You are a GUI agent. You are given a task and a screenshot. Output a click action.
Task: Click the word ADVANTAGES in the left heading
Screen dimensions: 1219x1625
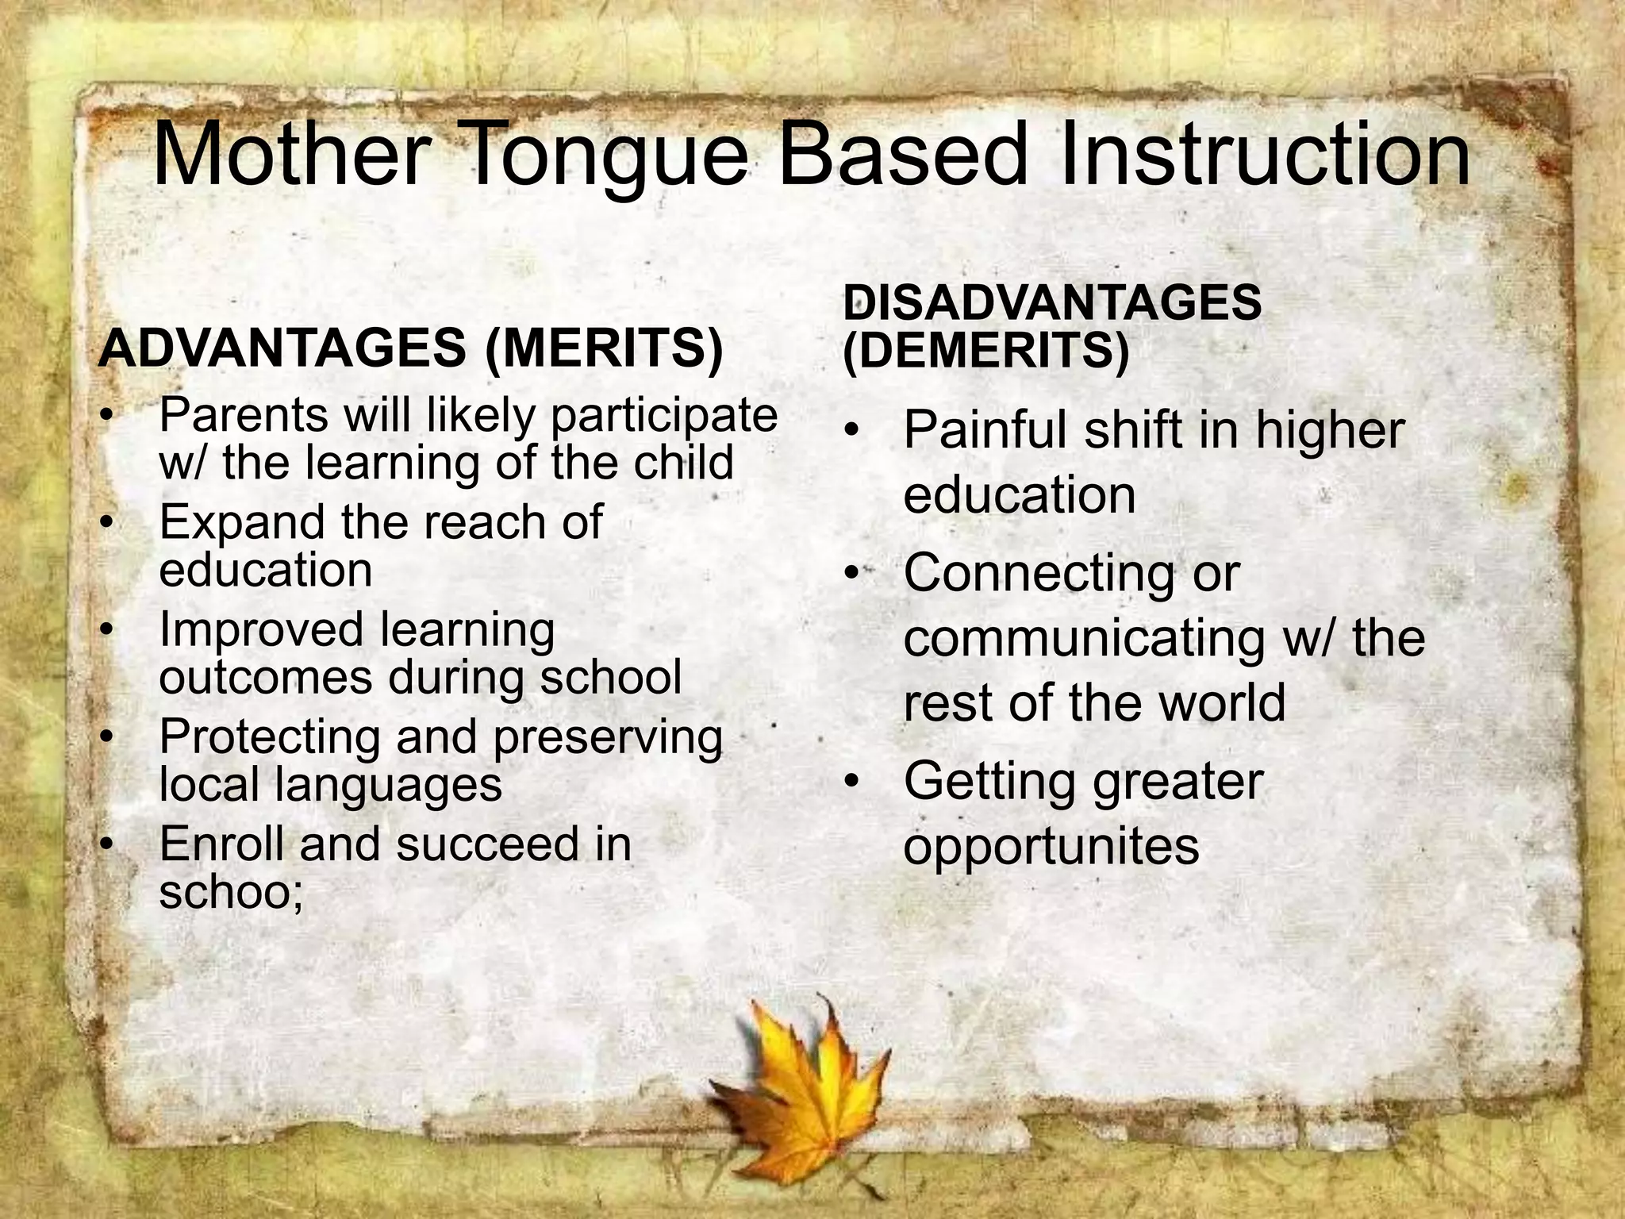[x=282, y=348]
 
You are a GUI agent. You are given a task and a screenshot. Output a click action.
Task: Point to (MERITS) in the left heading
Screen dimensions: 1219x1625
[x=604, y=350]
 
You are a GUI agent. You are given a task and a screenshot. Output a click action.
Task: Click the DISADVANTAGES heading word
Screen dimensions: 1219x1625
[x=1052, y=302]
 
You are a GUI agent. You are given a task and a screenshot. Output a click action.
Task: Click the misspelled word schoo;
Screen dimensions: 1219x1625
[x=231, y=892]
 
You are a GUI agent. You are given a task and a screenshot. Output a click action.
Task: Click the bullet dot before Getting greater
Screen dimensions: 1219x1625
[x=852, y=782]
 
